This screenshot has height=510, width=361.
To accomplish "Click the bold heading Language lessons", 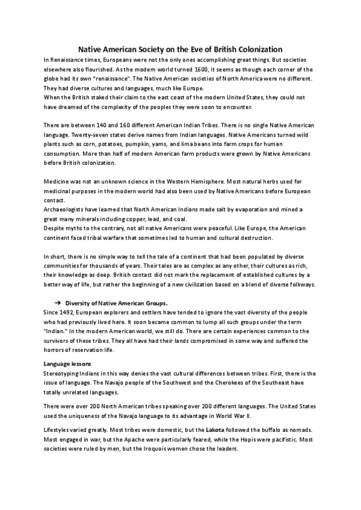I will [x=67, y=364].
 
